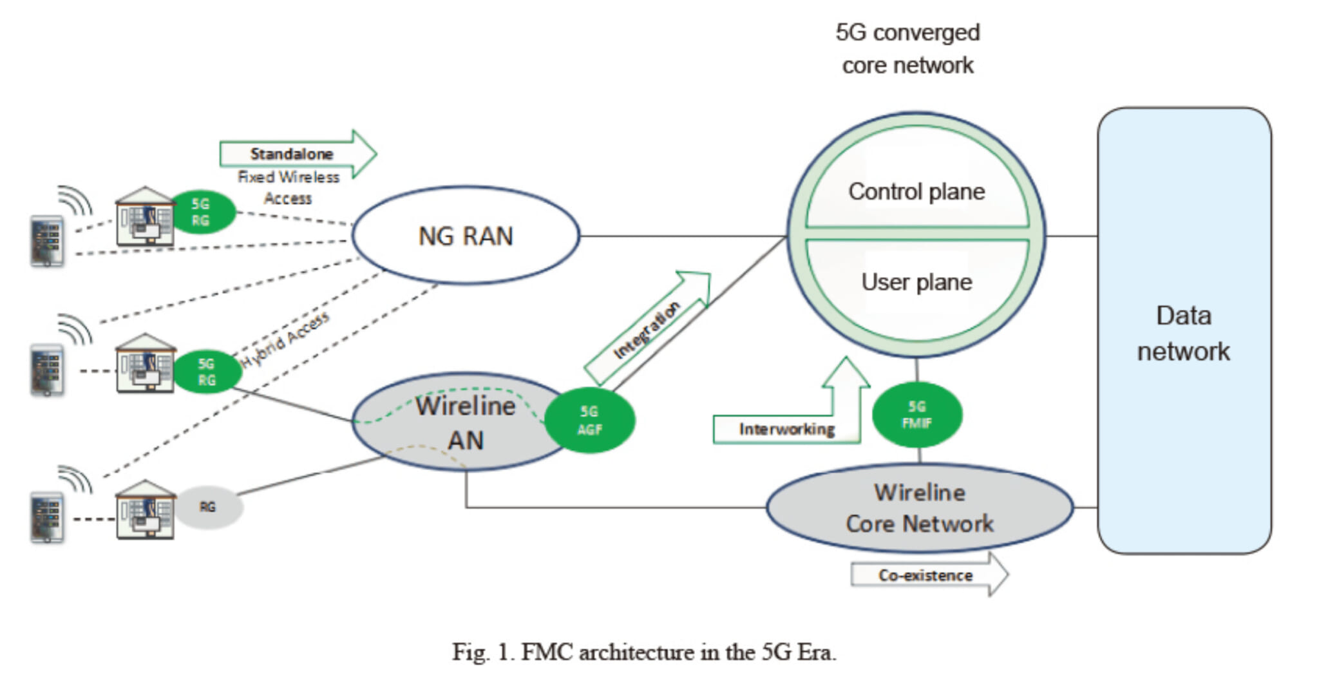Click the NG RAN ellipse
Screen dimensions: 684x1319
[465, 236]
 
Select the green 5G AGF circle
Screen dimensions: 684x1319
[589, 420]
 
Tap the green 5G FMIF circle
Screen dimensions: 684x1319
[916, 415]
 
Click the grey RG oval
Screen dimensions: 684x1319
[207, 507]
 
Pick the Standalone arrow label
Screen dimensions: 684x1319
[291, 154]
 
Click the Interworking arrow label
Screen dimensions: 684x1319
[786, 429]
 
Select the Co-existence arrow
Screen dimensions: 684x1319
[925, 575]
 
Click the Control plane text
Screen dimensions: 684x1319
[916, 191]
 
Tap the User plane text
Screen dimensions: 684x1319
[916, 282]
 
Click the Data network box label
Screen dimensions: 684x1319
[1183, 333]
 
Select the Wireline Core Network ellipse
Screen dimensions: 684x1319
[919, 508]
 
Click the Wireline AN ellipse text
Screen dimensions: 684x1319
[465, 423]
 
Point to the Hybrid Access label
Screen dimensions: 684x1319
[285, 339]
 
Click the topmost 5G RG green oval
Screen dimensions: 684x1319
[201, 212]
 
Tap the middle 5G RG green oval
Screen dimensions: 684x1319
[206, 372]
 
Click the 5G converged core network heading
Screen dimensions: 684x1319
[907, 48]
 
